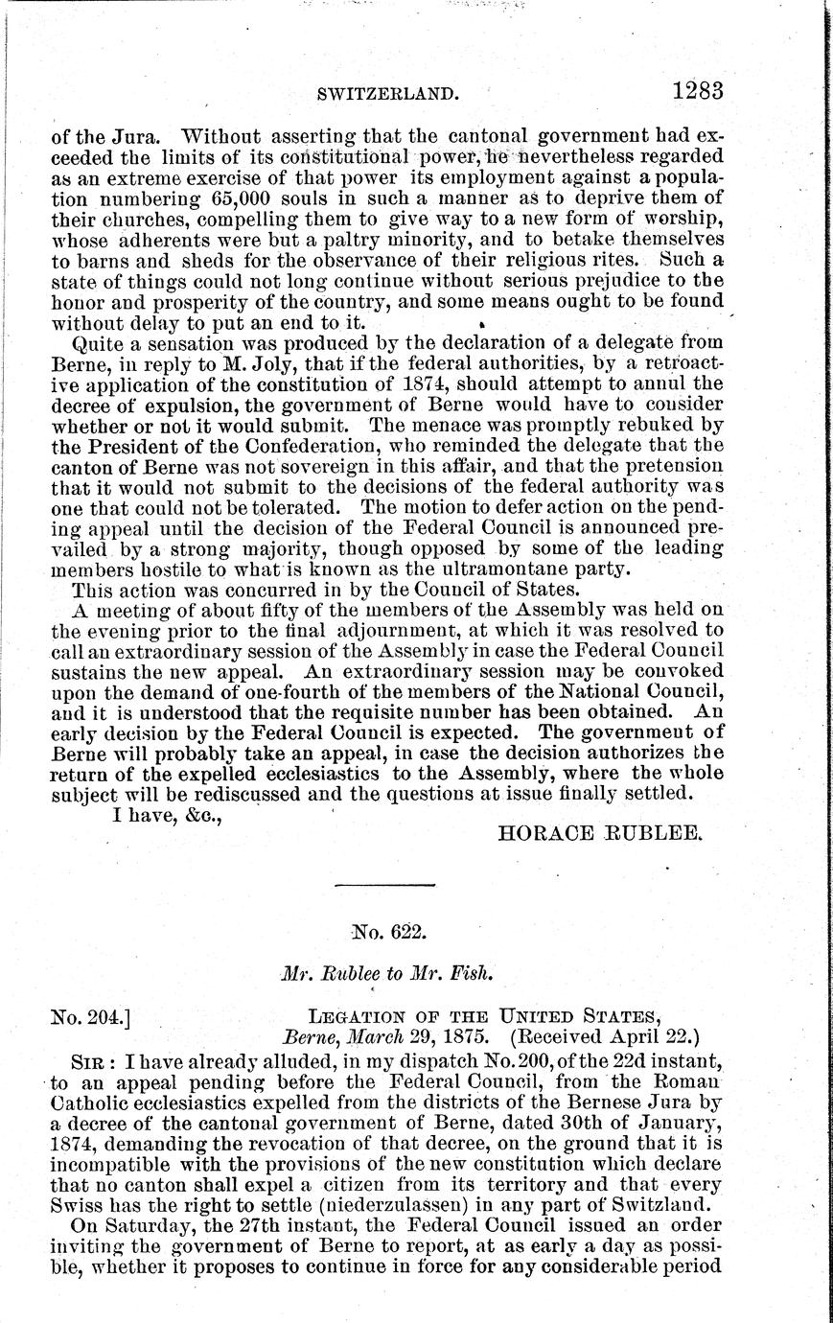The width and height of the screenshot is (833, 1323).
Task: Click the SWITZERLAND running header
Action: [x=382, y=94]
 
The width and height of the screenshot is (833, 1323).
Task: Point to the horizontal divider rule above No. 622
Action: [x=386, y=884]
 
